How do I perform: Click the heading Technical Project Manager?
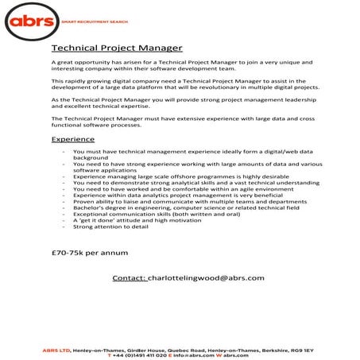click(117, 48)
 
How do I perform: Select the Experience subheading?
click(72, 139)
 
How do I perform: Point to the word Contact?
click(130, 278)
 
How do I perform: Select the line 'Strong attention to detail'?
click(110, 226)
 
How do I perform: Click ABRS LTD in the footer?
click(57, 349)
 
